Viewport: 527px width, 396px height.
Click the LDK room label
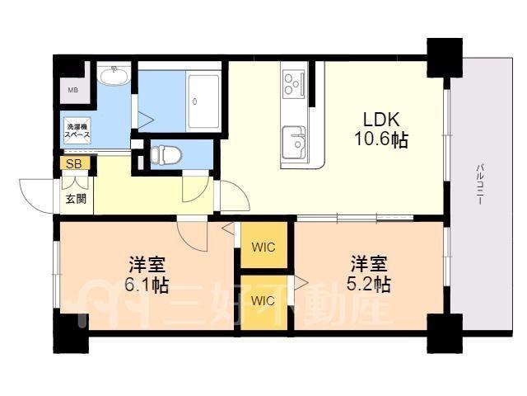click(x=381, y=119)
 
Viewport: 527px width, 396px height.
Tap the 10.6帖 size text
click(x=381, y=139)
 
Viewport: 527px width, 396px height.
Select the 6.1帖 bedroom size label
click(x=147, y=285)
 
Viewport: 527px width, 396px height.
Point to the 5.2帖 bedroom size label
click(x=368, y=284)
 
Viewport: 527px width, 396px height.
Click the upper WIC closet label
click(x=263, y=247)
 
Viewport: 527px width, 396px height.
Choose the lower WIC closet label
click(x=263, y=300)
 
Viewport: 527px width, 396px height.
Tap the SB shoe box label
click(x=73, y=164)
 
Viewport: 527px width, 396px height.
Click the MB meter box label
click(x=73, y=90)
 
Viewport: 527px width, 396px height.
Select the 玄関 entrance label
click(x=76, y=199)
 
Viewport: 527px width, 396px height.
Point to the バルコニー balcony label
click(x=481, y=184)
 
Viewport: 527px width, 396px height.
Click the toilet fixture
click(x=166, y=155)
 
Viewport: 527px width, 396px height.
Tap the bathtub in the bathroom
click(x=203, y=101)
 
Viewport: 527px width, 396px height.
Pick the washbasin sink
click(x=114, y=75)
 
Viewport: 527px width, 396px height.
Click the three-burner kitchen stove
click(x=294, y=83)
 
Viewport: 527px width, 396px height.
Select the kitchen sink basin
click(x=294, y=142)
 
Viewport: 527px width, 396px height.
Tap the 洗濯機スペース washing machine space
click(x=77, y=131)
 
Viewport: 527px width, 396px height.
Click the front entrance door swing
click(x=37, y=196)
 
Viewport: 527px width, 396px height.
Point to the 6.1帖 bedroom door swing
click(x=192, y=235)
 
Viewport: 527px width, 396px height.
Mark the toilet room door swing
click(x=196, y=189)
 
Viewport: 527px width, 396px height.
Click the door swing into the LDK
click(x=235, y=196)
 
